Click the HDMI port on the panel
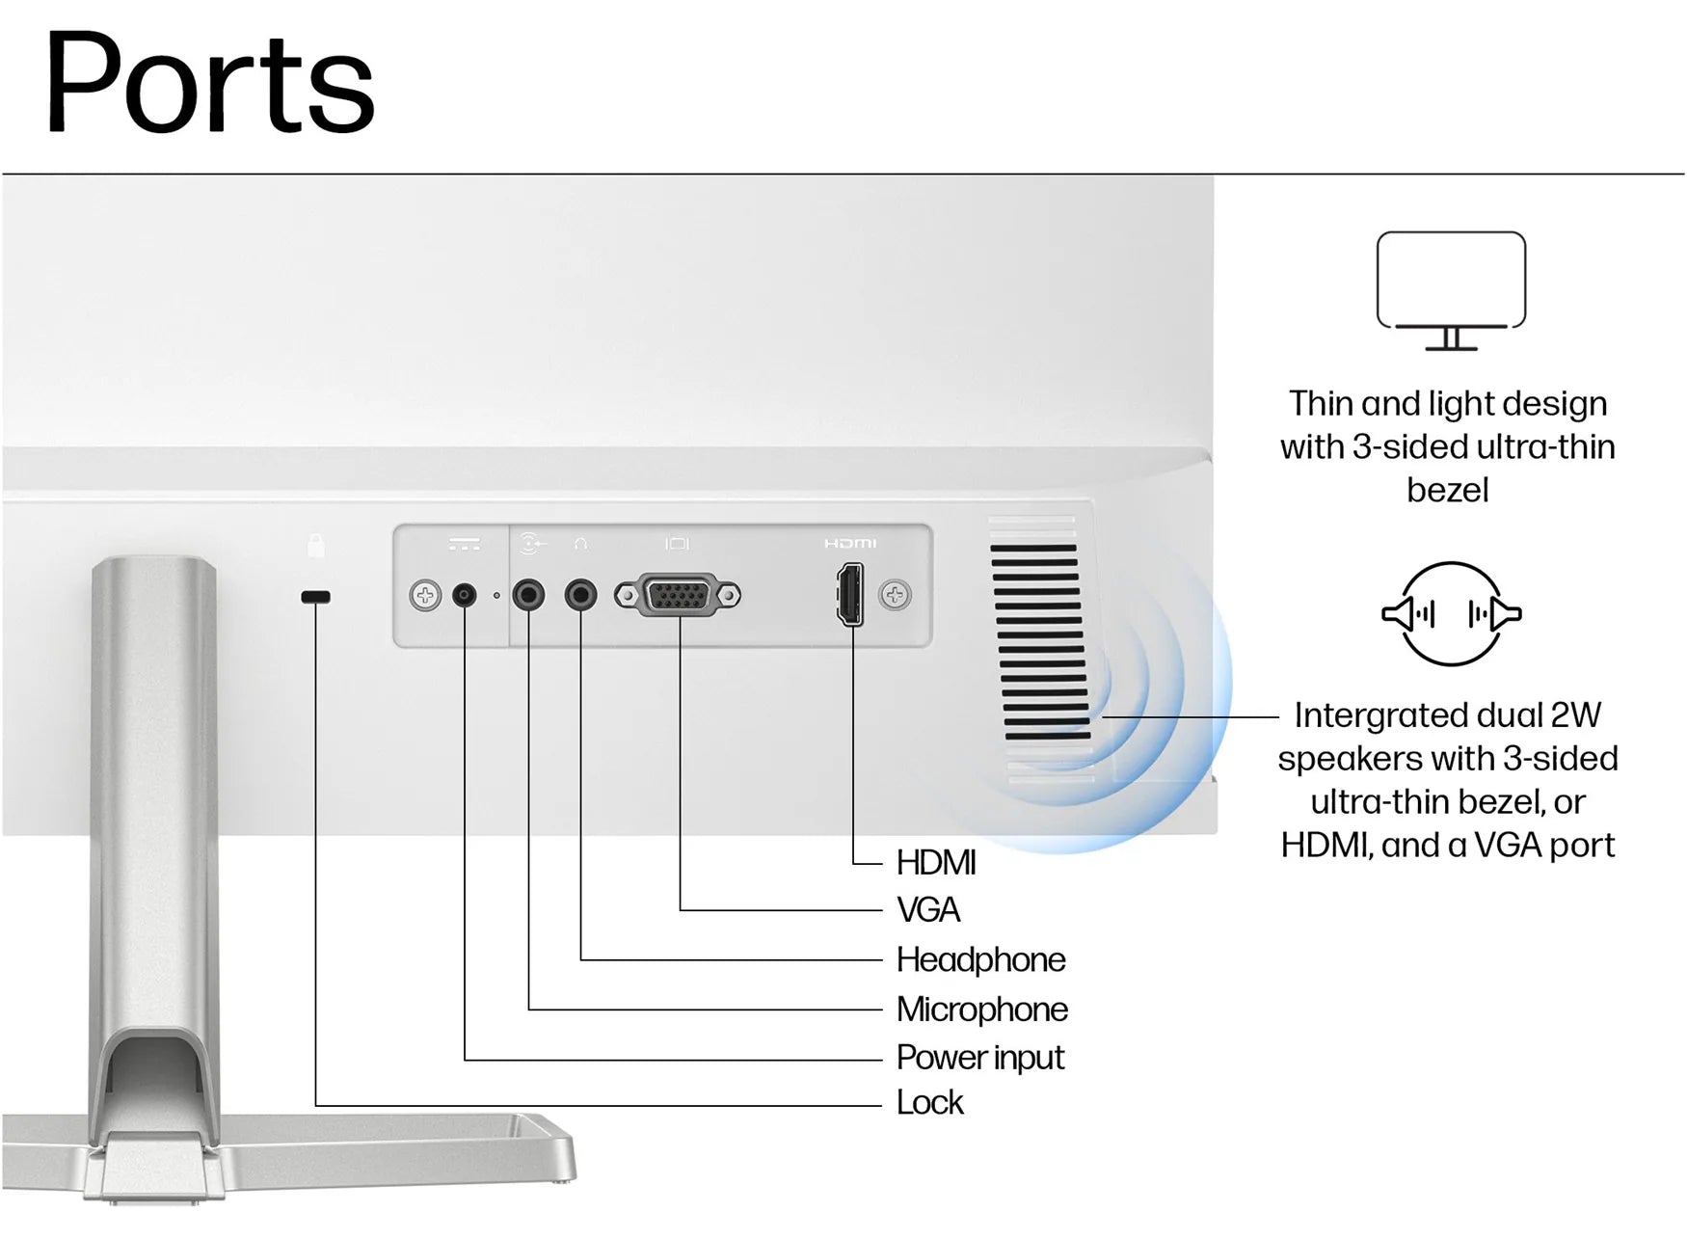click(850, 595)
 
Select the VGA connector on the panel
click(678, 595)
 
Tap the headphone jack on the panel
click(580, 595)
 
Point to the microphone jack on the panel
click(528, 595)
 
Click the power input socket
click(465, 595)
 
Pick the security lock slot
click(315, 597)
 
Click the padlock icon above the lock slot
click(315, 546)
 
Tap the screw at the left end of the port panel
click(424, 595)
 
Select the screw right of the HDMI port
click(895, 595)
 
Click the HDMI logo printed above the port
click(850, 544)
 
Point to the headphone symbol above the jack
click(580, 545)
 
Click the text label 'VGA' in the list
click(928, 909)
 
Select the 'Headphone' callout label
click(980, 959)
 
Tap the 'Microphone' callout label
click(981, 1010)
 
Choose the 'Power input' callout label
click(979, 1058)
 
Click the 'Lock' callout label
click(929, 1102)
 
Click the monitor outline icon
click(1451, 289)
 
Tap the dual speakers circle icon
click(1451, 614)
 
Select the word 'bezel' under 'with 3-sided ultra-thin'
click(1447, 490)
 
